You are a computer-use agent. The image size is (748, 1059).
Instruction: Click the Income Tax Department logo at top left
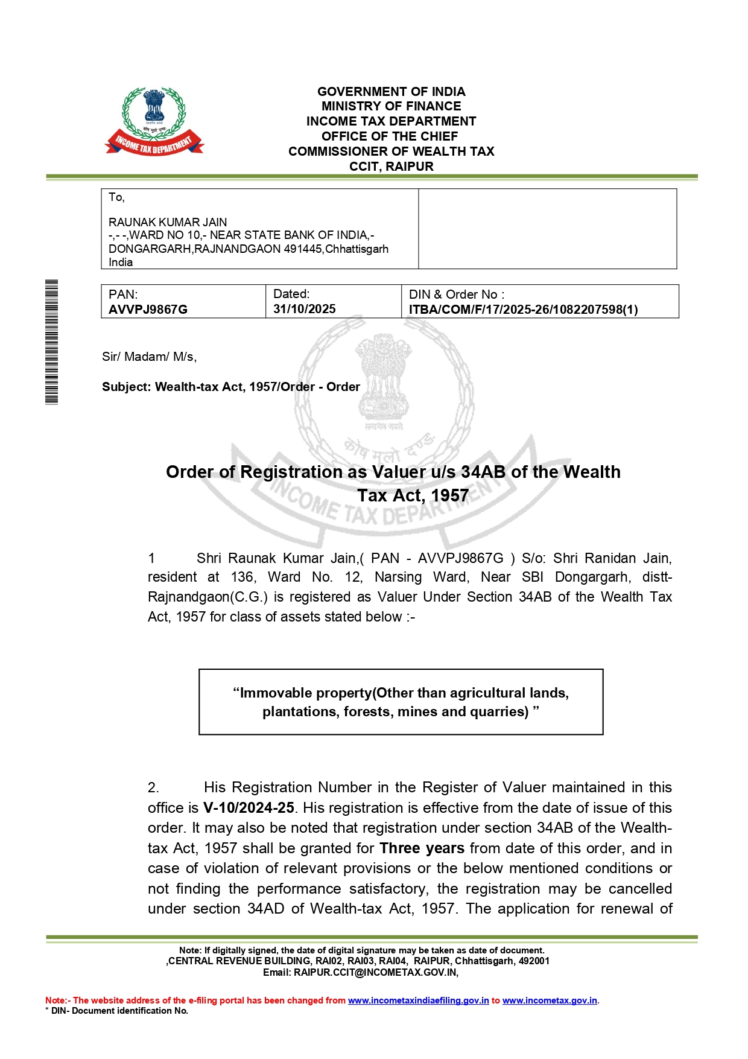click(x=154, y=121)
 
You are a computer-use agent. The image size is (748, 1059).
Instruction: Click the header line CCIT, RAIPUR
click(x=391, y=167)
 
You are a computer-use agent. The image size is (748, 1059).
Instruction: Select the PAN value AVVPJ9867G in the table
click(x=148, y=310)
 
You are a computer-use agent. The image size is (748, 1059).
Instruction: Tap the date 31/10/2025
click(x=304, y=309)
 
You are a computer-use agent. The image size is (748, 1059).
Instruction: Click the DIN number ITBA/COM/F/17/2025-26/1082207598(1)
click(x=523, y=310)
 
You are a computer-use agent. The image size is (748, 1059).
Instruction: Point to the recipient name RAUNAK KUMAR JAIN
click(x=168, y=222)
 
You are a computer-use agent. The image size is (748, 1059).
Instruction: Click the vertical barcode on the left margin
click(x=52, y=342)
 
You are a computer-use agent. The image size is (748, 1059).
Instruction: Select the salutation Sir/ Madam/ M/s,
click(x=149, y=357)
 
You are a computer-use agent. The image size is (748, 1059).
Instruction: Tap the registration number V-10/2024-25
click(x=249, y=808)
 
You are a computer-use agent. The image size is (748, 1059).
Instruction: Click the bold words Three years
click(x=422, y=848)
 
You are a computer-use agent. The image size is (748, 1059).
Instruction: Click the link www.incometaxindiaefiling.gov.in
click(x=418, y=1000)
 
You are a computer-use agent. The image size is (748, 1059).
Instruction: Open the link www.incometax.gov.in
click(x=550, y=1000)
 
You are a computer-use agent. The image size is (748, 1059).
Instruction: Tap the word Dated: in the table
click(x=291, y=294)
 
